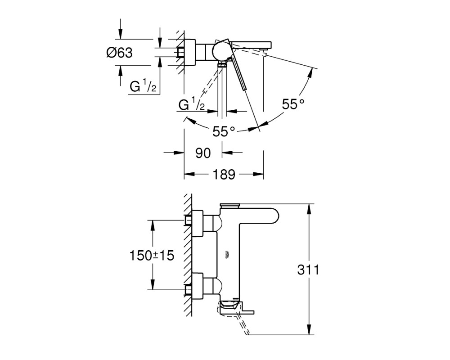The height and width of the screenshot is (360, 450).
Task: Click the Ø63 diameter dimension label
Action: [119, 53]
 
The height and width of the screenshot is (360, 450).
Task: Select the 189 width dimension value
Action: [224, 174]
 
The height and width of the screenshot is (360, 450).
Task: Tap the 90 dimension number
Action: [203, 153]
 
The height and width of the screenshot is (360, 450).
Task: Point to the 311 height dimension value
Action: [308, 270]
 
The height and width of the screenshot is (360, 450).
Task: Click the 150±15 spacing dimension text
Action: [152, 255]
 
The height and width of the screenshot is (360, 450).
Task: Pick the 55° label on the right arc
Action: [293, 104]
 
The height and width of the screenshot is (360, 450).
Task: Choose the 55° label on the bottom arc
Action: [224, 132]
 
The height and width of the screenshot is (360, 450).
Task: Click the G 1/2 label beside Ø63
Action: [143, 86]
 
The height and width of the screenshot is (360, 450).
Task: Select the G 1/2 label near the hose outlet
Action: [192, 105]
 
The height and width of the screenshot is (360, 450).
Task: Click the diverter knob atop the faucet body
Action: [229, 205]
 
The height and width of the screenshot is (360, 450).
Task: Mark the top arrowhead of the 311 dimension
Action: [309, 209]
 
